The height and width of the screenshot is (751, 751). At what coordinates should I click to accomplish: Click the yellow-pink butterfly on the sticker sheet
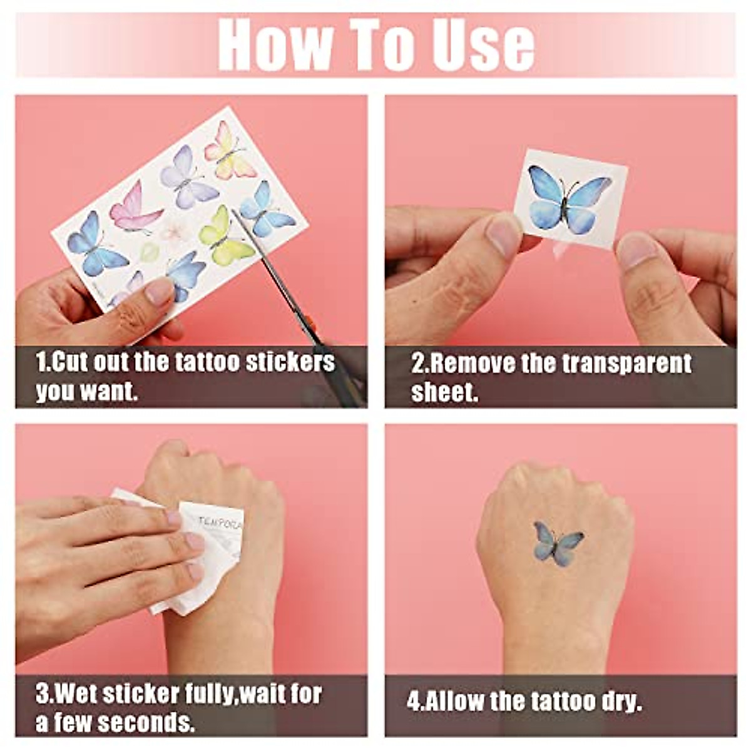pyautogui.click(x=230, y=151)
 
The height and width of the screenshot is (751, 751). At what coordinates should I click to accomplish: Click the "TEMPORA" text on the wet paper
pyautogui.click(x=220, y=523)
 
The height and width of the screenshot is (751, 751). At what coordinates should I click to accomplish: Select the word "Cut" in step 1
pyautogui.click(x=69, y=362)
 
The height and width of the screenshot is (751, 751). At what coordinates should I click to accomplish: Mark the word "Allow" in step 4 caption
pyautogui.click(x=454, y=701)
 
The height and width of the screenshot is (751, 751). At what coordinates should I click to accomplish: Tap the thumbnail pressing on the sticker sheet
pyautogui.click(x=160, y=291)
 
